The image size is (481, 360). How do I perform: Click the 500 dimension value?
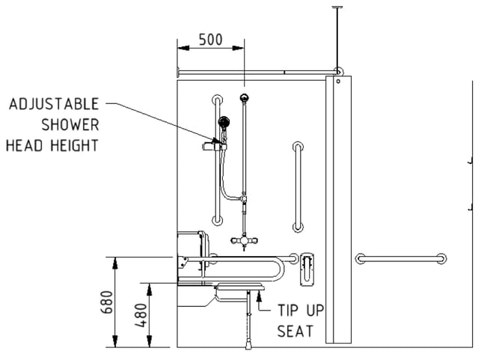point(210,40)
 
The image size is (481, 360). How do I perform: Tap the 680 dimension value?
point(107,302)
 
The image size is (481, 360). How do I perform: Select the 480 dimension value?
point(141,315)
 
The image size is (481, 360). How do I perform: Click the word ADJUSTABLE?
point(54,104)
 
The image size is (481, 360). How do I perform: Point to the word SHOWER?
point(70,125)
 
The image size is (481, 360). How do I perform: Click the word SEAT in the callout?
point(295,332)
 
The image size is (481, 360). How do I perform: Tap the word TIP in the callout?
point(288,311)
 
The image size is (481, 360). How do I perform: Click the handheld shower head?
point(224,122)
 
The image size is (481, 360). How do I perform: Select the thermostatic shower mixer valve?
point(244,240)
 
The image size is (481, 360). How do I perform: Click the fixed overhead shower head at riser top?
point(244,98)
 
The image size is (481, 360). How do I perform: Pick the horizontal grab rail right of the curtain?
point(401,259)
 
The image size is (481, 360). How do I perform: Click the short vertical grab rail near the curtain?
point(298,187)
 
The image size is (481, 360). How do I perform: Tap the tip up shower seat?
point(240,287)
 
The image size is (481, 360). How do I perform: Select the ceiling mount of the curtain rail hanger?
point(337,7)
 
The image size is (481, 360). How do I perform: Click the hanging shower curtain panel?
point(338,210)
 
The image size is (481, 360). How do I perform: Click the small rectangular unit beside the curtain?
point(307,269)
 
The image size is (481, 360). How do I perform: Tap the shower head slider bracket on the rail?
point(215,146)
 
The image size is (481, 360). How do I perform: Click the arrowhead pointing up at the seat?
point(260,295)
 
